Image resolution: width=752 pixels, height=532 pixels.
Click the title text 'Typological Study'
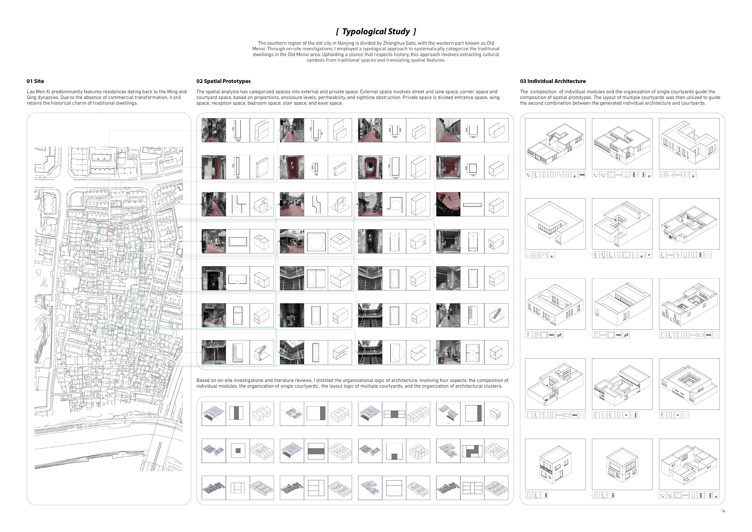click(376, 32)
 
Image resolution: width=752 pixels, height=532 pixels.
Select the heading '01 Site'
click(35, 81)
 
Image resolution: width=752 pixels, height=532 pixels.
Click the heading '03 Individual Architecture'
click(553, 81)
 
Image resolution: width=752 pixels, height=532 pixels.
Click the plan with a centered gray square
click(237, 451)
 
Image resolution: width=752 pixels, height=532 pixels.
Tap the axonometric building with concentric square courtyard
click(689, 384)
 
